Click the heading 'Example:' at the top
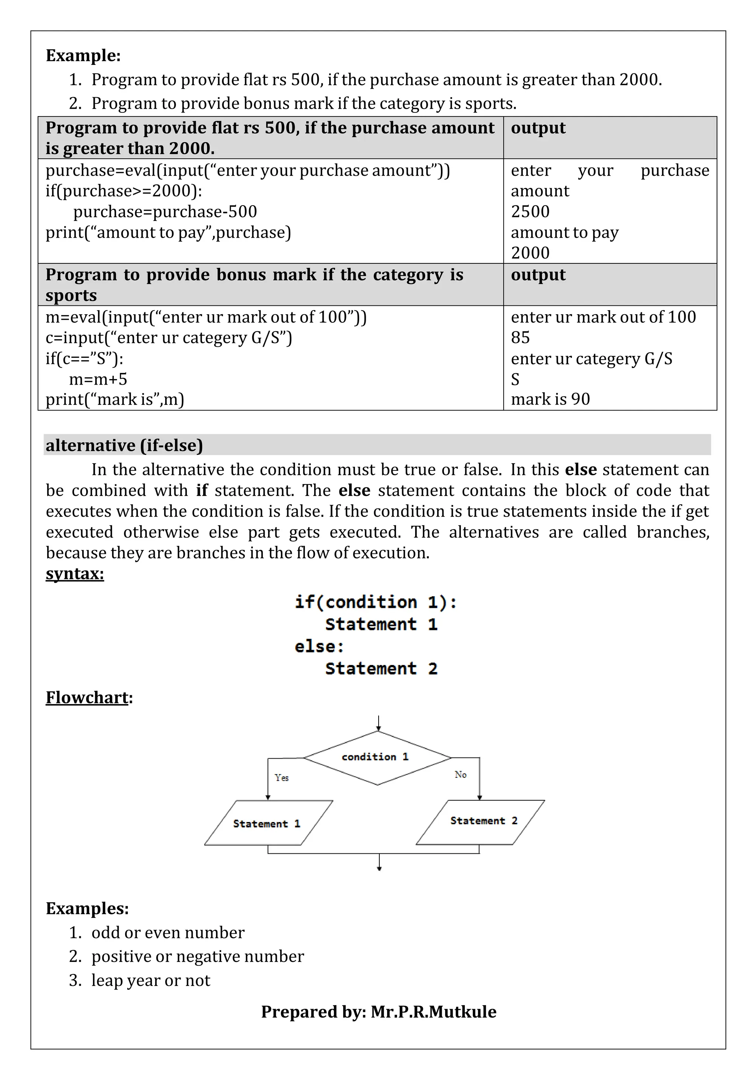[83, 55]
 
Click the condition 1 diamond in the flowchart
[377, 758]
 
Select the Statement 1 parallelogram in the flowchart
[268, 823]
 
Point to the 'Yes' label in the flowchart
[282, 777]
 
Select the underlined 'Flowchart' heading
[87, 697]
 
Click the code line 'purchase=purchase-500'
[165, 211]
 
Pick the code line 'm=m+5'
[98, 379]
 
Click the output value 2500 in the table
[530, 211]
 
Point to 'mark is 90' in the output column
[550, 399]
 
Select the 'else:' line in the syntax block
[319, 647]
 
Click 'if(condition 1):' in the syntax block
[376, 602]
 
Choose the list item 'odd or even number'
[167, 933]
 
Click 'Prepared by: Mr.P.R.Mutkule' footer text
[379, 1012]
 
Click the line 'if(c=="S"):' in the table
[84, 358]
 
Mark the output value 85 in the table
[520, 337]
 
